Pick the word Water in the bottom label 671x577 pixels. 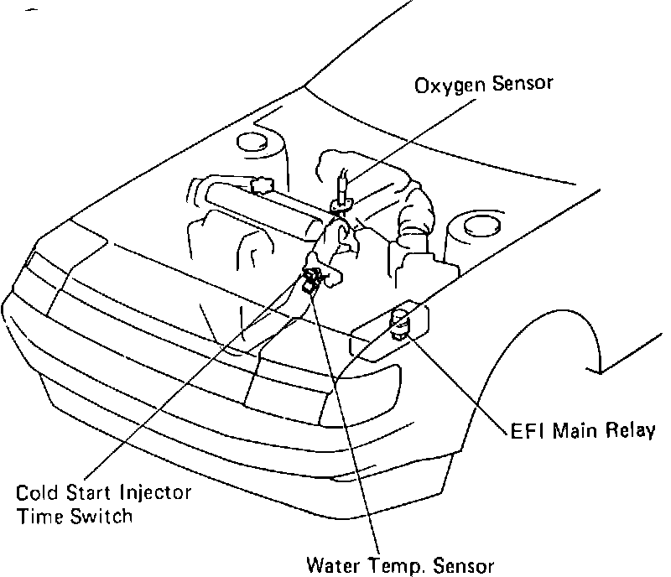333,564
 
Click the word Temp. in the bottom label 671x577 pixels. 399,564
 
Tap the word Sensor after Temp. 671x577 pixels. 464,564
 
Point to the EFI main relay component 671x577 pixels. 402,324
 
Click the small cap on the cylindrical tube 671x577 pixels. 262,184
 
